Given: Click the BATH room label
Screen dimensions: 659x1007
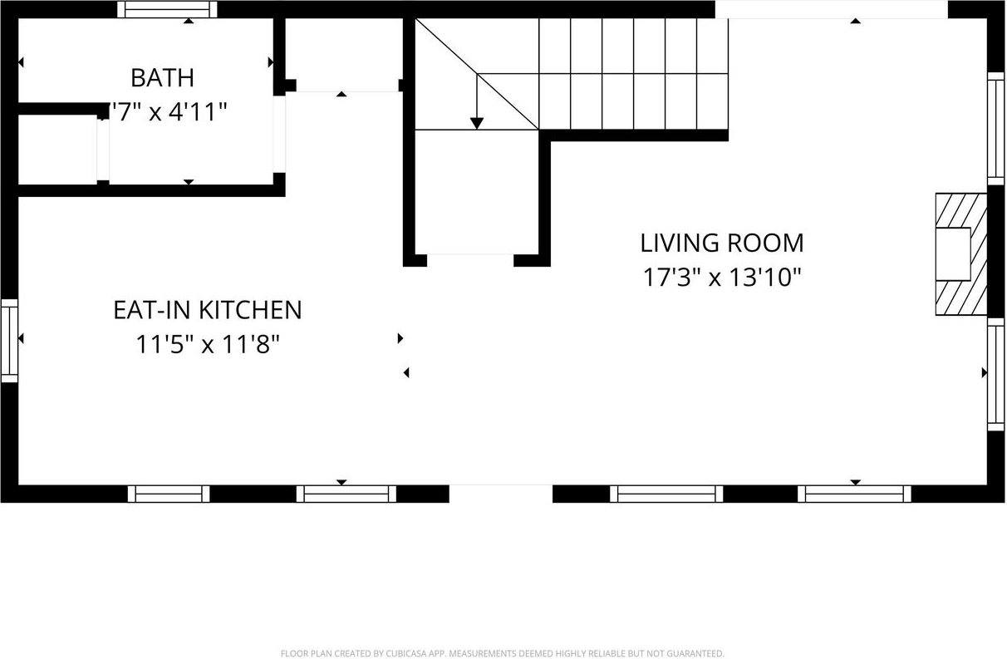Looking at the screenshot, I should click(x=162, y=78).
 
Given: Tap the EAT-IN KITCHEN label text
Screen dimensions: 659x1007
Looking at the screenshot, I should click(x=207, y=310).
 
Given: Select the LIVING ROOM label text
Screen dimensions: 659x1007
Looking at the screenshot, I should click(x=721, y=243).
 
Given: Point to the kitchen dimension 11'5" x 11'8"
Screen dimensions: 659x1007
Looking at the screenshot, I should click(x=207, y=344).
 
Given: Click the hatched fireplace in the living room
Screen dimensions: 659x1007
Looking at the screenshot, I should click(x=961, y=254).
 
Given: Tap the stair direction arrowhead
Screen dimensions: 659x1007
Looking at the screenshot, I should click(x=476, y=123).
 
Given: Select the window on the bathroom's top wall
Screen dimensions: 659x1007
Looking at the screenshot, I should click(x=167, y=9).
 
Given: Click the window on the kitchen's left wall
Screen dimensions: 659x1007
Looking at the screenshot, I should click(x=9, y=340).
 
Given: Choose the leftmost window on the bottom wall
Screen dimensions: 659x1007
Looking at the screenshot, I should click(x=169, y=494).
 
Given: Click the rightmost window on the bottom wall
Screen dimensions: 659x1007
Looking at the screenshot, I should click(x=854, y=494).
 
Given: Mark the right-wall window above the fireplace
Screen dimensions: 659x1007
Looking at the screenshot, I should click(x=995, y=128).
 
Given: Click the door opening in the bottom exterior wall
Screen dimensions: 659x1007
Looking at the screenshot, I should click(x=501, y=494).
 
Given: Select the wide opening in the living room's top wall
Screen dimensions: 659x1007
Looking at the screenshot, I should click(x=831, y=9).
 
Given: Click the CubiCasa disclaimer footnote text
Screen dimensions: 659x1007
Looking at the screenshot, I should click(x=502, y=653).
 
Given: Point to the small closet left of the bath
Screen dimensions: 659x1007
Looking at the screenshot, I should click(x=57, y=150).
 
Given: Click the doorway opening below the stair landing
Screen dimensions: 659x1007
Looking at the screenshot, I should click(x=470, y=259).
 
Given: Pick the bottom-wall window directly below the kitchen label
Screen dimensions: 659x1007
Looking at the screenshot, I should click(x=346, y=494).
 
